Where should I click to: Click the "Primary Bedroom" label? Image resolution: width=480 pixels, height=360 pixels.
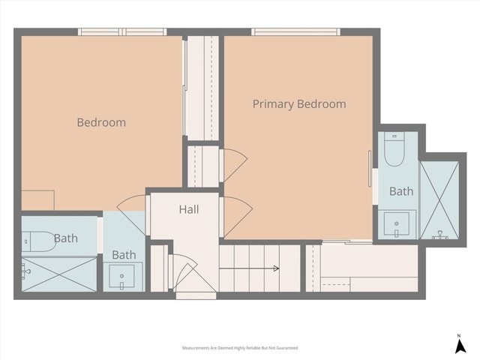[299, 104]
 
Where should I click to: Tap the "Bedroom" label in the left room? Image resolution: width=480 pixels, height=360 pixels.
[101, 122]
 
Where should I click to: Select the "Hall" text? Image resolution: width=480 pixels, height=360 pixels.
[188, 210]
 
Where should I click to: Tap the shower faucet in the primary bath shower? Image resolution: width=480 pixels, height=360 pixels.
[440, 235]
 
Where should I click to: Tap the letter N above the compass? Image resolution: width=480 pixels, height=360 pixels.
[458, 334]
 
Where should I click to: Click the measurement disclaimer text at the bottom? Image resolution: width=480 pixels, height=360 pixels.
[239, 349]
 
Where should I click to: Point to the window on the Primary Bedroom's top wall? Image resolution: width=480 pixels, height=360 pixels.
[295, 32]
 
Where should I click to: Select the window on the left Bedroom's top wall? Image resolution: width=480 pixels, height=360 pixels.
[121, 32]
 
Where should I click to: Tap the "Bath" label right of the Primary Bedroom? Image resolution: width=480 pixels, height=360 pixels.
[401, 191]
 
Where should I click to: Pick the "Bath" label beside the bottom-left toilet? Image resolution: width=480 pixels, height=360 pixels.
[65, 238]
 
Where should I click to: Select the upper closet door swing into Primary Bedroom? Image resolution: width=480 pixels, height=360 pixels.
[233, 163]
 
